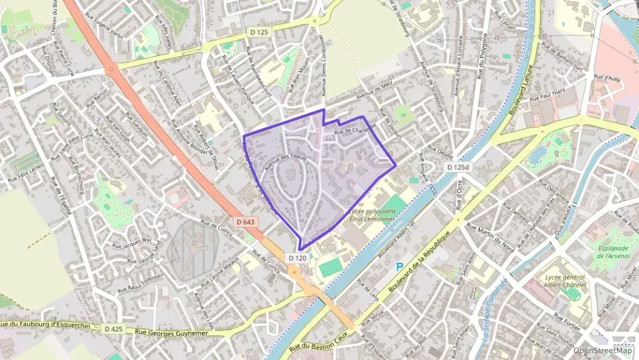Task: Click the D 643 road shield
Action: pyautogui.click(x=248, y=222)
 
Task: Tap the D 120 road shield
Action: pyautogui.click(x=298, y=258)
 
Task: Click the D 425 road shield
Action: pyautogui.click(x=113, y=329)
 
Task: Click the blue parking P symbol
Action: pyautogui.click(x=400, y=267)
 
